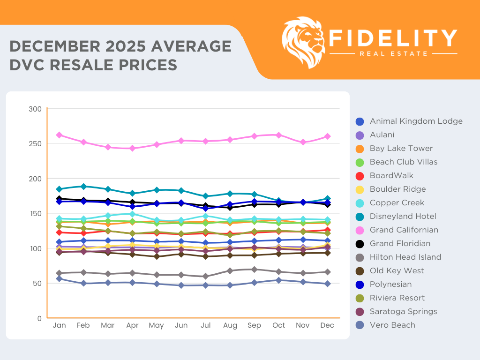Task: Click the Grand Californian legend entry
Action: point(404,230)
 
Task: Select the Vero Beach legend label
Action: point(392,325)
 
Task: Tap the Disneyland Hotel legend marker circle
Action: point(360,217)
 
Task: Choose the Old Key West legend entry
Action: point(397,270)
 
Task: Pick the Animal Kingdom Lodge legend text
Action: point(416,121)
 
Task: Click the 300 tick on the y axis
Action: point(37,109)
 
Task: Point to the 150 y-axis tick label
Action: point(37,213)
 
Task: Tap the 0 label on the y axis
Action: point(40,318)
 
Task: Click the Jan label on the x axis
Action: point(60,325)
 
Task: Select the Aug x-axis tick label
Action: point(230,325)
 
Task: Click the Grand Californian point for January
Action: point(59,135)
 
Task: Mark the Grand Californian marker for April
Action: point(132,148)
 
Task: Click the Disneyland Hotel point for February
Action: point(83,187)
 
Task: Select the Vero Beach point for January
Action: point(59,278)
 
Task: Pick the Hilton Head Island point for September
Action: point(254,270)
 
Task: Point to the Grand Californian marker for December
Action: point(328,136)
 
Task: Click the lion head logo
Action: point(304,43)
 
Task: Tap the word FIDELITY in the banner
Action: point(393,38)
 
